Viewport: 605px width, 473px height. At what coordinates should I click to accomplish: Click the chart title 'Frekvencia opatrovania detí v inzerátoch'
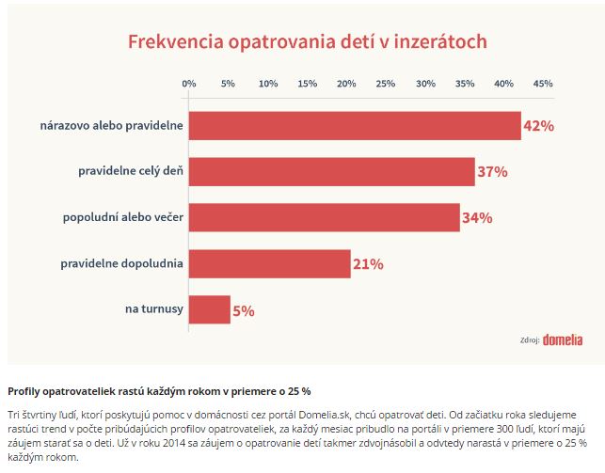tap(307, 42)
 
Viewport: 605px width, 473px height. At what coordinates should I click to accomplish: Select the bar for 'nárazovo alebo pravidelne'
tap(355, 126)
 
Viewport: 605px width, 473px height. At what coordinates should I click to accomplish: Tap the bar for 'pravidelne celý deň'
tap(332, 172)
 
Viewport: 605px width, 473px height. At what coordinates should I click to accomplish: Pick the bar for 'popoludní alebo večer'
tap(325, 218)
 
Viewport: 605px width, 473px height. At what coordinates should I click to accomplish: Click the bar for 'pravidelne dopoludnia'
tap(270, 264)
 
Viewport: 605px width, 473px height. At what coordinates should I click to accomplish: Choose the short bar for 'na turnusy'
tap(210, 310)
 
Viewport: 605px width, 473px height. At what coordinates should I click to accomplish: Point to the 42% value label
tap(538, 126)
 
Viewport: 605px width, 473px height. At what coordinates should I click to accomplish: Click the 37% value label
tap(492, 172)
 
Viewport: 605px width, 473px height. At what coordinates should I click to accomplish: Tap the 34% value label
tap(477, 218)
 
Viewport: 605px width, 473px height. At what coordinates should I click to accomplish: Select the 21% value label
tap(368, 264)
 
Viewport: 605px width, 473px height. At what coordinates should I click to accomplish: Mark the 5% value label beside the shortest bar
tap(243, 310)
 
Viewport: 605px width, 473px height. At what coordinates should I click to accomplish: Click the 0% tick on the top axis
tap(189, 84)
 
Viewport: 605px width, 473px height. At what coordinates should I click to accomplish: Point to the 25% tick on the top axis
tap(386, 84)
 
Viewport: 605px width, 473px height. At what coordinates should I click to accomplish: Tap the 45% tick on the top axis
tap(543, 84)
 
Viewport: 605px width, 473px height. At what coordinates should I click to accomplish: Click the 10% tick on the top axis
tap(268, 84)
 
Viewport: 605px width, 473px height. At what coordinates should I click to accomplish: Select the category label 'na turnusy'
tap(154, 309)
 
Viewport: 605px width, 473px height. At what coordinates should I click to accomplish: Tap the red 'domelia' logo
tap(563, 339)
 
